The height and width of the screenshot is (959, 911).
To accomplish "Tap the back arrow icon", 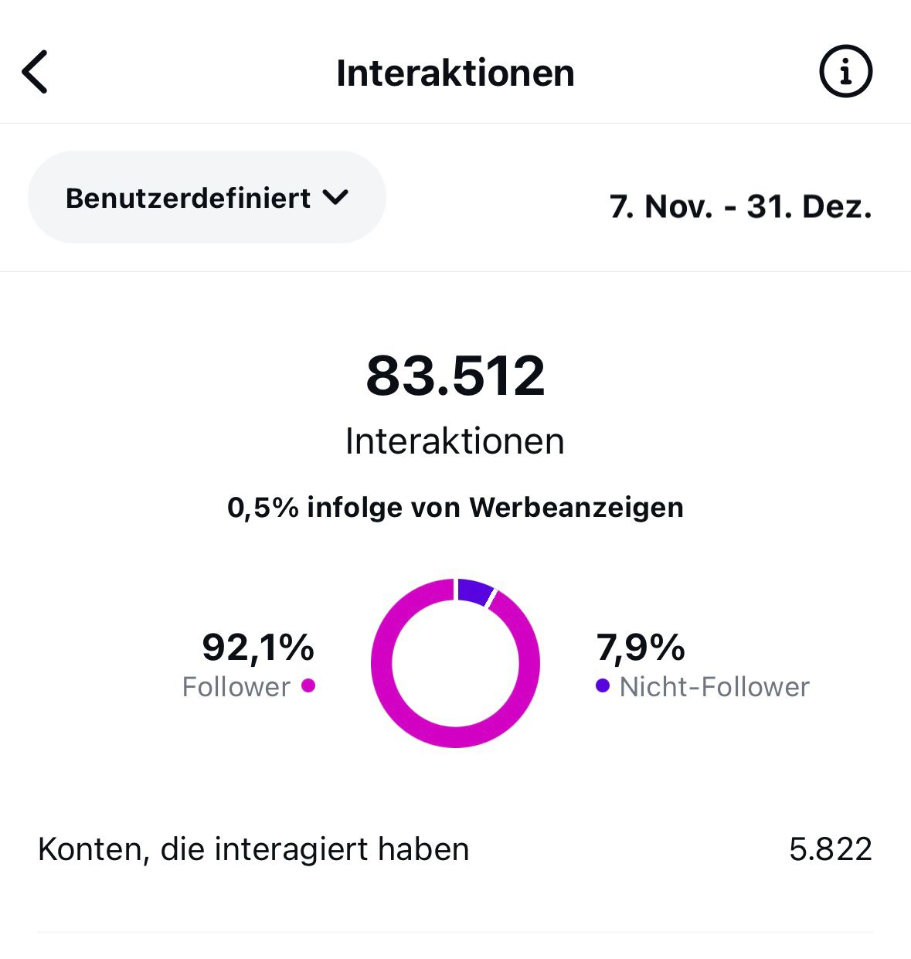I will coord(35,72).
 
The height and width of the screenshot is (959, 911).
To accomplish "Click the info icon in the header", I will coord(845,72).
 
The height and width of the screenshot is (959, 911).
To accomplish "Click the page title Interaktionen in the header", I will coord(455,73).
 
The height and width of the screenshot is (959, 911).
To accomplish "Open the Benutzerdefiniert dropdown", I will coord(206,198).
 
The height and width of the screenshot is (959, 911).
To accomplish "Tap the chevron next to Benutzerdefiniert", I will coord(335,198).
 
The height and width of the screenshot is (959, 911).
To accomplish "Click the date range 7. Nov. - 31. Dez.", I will coord(740,207).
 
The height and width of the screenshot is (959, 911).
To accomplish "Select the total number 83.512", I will coord(455,376).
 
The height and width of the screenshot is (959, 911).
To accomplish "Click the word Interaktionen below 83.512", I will coord(455,441).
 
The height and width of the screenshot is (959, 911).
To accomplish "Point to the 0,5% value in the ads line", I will coord(263,508).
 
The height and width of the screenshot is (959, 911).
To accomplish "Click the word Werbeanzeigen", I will coord(576,508).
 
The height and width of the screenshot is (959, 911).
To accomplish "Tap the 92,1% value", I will coord(258,648).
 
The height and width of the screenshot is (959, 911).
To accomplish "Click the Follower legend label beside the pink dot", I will coord(236,687).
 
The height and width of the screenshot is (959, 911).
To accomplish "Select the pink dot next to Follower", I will coord(308,685).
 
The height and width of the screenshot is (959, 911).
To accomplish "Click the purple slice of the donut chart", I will coord(474,591).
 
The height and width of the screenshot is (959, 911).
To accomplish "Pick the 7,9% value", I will coord(641,648).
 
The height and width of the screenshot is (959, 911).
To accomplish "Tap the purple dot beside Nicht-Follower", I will coord(603,685).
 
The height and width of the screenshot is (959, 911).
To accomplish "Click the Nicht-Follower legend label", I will coord(714,687).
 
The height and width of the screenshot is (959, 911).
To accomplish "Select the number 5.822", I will coord(831,849).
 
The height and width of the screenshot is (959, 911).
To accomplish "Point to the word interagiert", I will coord(292,850).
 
